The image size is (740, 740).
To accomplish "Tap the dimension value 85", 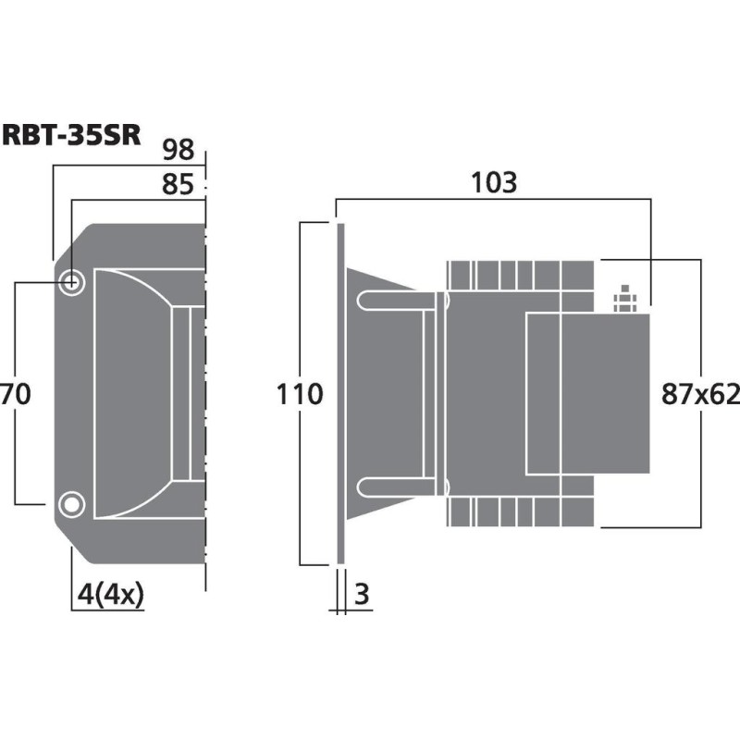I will (178, 186).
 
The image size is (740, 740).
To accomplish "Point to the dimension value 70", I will (16, 395).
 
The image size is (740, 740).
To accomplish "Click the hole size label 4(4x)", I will (108, 594).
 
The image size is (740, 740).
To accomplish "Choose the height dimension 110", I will (300, 395).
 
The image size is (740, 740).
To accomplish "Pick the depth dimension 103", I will (492, 182).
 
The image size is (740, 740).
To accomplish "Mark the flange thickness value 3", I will (362, 594).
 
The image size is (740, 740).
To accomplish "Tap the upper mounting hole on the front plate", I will (71, 282).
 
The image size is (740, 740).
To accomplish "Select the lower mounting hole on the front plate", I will (70, 504).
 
